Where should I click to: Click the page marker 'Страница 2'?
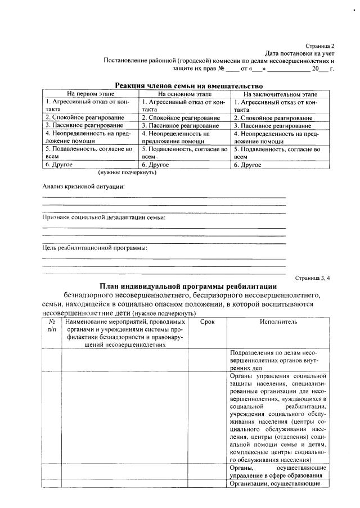(x=320, y=45)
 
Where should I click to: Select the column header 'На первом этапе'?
(x=90, y=94)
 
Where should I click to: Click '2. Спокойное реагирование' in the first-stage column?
(x=84, y=118)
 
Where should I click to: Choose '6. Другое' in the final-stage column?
(x=247, y=165)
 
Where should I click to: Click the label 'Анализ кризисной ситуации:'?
(x=84, y=186)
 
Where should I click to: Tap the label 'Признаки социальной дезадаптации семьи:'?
(x=104, y=217)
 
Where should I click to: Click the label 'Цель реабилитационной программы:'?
(x=94, y=248)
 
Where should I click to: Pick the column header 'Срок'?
(x=208, y=322)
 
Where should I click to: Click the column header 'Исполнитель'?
(x=278, y=322)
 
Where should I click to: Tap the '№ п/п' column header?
(x=51, y=326)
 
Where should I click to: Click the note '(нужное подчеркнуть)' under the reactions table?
(x=127, y=173)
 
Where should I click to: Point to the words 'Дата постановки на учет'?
(x=300, y=52)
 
